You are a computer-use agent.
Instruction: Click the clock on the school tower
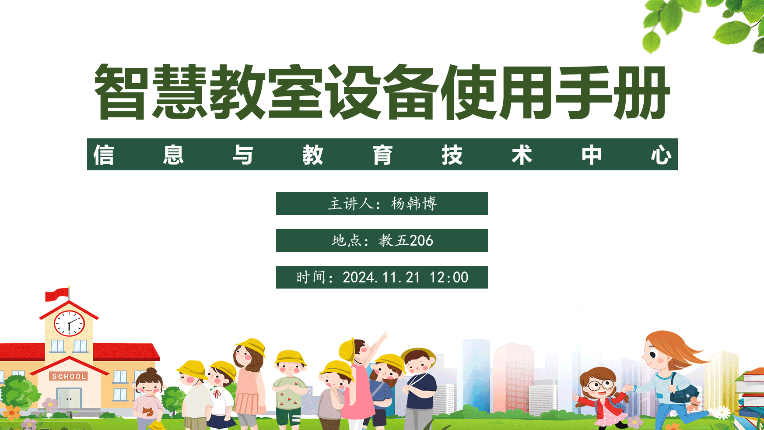tap(69, 324)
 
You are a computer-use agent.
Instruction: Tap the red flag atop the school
tap(57, 294)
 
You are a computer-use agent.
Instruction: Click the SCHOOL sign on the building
tap(69, 377)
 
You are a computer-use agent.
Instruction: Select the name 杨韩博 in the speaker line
tap(414, 204)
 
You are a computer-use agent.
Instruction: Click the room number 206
tap(421, 240)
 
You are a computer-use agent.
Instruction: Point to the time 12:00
tap(449, 277)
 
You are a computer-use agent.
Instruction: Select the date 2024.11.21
tap(381, 277)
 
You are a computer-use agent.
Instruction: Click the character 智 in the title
tap(120, 92)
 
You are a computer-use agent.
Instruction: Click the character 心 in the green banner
tap(661, 155)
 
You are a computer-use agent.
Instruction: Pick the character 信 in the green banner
tap(104, 155)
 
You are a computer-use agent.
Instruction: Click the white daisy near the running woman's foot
tap(722, 412)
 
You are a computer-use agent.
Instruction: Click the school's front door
tap(69, 398)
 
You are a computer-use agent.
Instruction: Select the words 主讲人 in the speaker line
tap(351, 204)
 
